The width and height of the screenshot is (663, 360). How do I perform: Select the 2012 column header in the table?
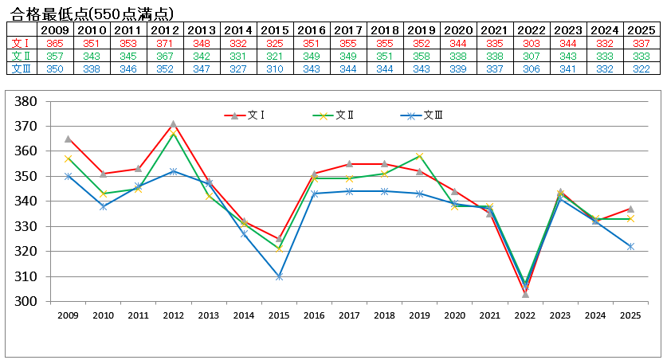click(x=165, y=29)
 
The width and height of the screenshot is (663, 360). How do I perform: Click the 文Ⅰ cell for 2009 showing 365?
click(x=55, y=42)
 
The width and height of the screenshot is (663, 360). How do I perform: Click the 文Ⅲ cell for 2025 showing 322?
click(x=641, y=68)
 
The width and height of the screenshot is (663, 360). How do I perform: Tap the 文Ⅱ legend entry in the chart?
click(x=333, y=115)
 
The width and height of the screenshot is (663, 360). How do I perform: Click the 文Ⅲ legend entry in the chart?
click(x=422, y=115)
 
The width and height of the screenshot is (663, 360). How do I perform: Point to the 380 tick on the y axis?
click(x=27, y=101)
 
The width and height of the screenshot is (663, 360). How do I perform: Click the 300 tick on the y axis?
click(x=27, y=302)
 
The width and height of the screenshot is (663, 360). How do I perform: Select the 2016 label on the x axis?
click(x=314, y=316)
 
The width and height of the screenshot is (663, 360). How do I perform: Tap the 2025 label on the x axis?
click(x=630, y=316)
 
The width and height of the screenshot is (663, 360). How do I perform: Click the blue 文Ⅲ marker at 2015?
click(x=279, y=276)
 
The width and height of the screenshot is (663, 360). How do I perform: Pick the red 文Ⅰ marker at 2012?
click(x=173, y=124)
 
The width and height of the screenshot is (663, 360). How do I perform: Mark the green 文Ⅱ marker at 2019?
click(x=419, y=156)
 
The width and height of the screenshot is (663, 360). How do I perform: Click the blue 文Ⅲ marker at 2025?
click(x=630, y=247)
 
